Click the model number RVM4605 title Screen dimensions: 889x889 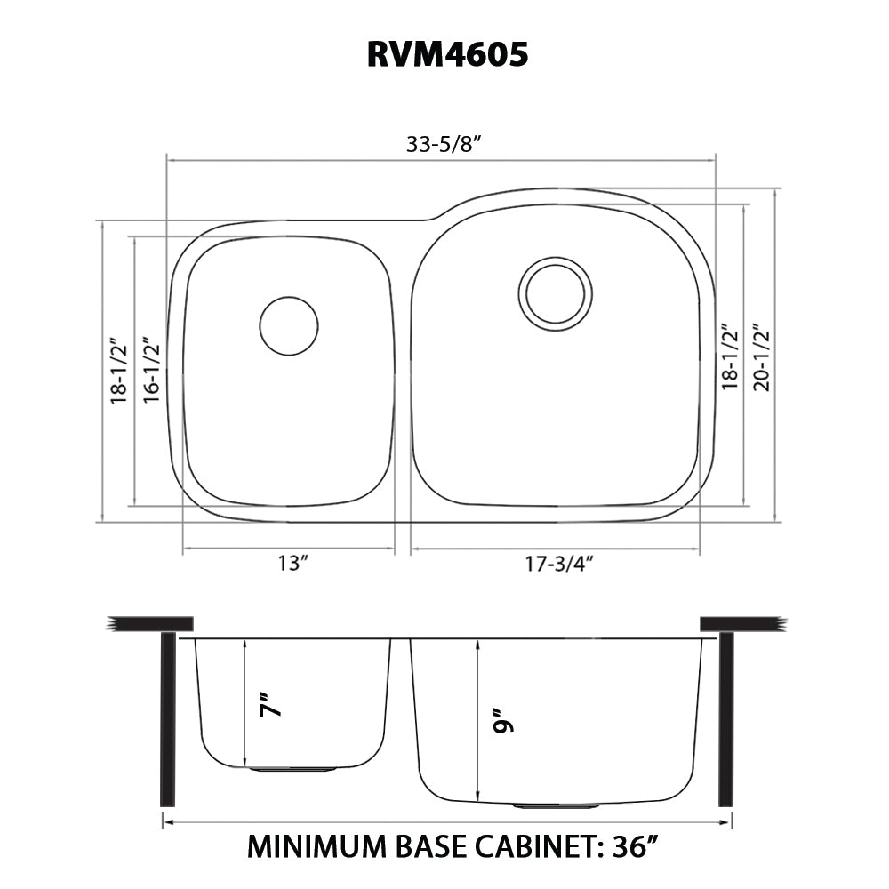(447, 54)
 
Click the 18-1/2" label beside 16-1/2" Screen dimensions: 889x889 (118, 370)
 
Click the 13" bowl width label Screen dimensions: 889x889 (292, 563)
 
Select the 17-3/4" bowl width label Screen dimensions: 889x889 (558, 563)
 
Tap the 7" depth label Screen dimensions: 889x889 (272, 704)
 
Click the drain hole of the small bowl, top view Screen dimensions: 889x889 (288, 326)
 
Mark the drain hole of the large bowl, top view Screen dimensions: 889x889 (556, 292)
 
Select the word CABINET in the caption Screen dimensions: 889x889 (532, 846)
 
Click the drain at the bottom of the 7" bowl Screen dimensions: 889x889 (292, 768)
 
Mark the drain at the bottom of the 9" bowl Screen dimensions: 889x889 (557, 805)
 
